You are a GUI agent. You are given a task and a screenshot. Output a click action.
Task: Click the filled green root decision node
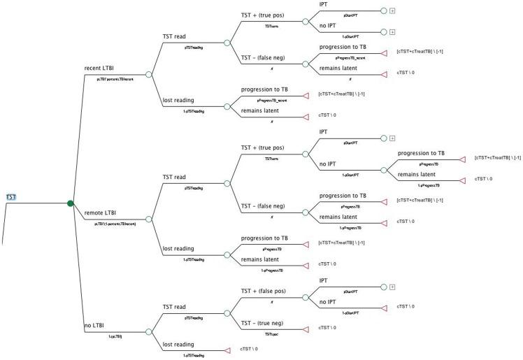(71, 203)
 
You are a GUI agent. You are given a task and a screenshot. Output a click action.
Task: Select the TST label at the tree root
(11, 198)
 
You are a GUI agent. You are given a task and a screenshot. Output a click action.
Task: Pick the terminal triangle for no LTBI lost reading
(227, 349)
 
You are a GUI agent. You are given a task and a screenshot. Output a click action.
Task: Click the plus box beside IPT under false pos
(394, 287)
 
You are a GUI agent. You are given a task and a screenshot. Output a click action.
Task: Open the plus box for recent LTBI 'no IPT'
(394, 32)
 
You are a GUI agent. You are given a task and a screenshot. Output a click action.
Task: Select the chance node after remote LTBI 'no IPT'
(384, 170)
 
